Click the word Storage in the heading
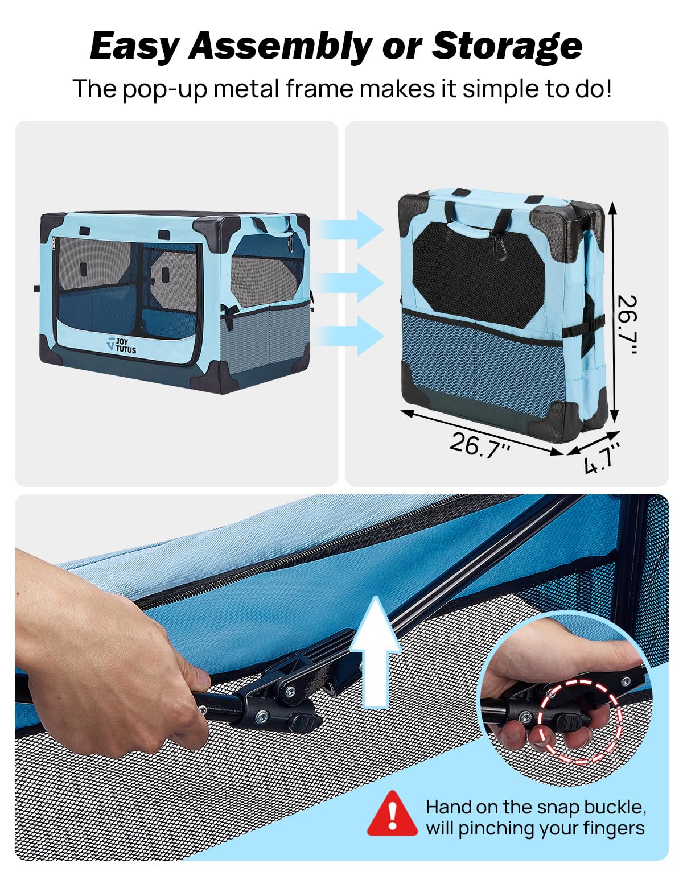[x=507, y=46]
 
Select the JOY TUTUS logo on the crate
[x=122, y=345]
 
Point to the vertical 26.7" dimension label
[x=627, y=325]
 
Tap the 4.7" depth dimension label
[x=602, y=458]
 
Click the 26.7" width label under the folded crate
[x=480, y=445]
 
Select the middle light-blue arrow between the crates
[x=351, y=283]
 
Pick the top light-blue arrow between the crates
[x=351, y=230]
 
